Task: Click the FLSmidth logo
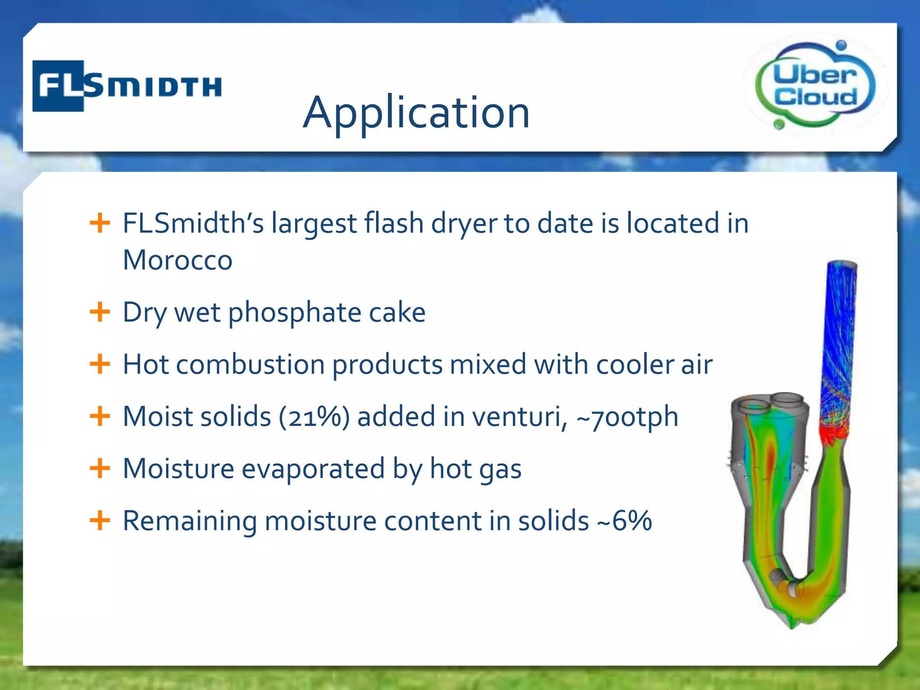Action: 127,85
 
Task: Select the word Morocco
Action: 177,260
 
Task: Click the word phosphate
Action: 295,313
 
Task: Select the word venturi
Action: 519,416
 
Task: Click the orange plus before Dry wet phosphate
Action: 100,312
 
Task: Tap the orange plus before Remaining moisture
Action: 100,520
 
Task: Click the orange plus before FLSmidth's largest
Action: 100,223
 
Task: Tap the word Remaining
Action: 190,521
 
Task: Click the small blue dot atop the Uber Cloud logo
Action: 841,45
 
